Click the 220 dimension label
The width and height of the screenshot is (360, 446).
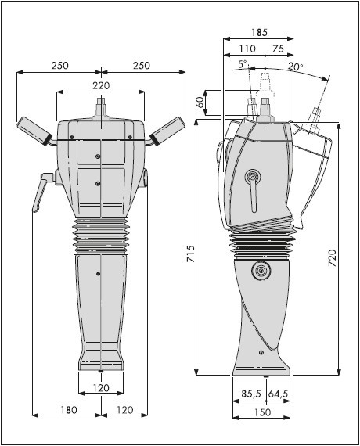[101, 85]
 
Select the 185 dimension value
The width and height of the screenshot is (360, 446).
[259, 32]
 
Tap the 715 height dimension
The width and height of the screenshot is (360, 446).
[190, 254]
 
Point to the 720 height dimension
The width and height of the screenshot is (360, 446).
[332, 257]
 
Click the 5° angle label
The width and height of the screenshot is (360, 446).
[243, 63]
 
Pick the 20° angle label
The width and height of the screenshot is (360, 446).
[295, 67]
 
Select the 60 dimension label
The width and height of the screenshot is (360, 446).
[200, 102]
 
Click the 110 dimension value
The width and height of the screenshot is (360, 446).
[247, 49]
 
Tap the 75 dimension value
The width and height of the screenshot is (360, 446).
[278, 49]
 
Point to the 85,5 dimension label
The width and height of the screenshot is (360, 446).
[251, 394]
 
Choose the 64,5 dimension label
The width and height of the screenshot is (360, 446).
[278, 394]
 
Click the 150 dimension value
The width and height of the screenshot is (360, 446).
[262, 412]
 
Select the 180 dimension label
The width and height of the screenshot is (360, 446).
[69, 410]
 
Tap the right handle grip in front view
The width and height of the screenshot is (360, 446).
[168, 131]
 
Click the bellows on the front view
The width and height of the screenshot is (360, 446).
[101, 236]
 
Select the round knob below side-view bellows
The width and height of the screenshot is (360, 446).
[261, 271]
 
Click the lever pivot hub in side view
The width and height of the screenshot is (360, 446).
[252, 178]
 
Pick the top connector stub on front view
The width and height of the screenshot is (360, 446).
[101, 109]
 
